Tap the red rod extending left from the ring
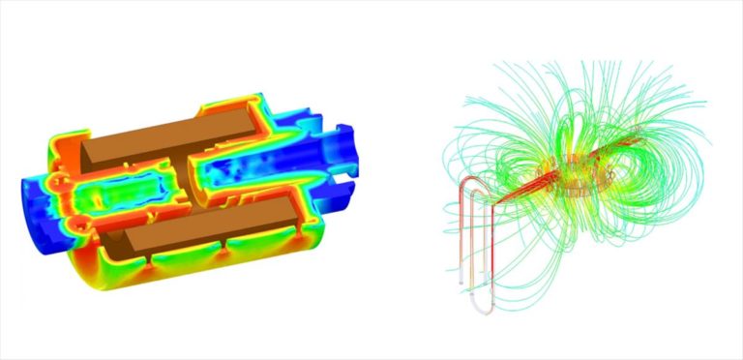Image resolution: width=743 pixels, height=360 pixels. [x=522, y=190]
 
